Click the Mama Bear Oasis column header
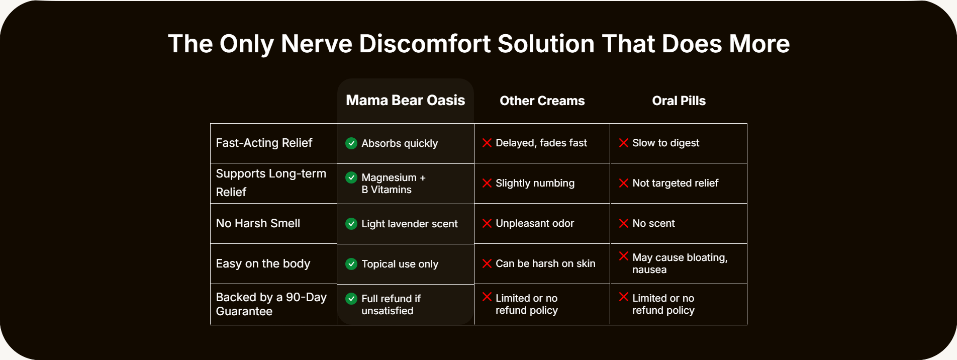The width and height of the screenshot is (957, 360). point(406,100)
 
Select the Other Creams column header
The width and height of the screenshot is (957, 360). point(542,101)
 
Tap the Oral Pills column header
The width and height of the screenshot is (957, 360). point(679,101)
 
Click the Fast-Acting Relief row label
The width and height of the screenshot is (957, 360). point(264,143)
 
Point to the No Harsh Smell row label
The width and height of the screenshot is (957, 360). point(258,223)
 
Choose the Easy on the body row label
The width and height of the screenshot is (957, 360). point(263,263)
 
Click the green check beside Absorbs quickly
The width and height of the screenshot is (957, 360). point(351,143)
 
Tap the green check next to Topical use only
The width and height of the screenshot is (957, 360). point(351,264)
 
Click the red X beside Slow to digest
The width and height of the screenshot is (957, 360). point(624,143)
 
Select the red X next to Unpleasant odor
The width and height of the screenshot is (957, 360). point(487,223)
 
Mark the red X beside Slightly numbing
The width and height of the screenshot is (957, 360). point(487,183)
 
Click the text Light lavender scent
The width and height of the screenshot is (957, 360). point(410,224)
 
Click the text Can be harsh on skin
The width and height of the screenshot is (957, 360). point(545,263)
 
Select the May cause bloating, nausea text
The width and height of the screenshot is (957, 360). point(680,263)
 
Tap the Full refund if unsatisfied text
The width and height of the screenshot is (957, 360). point(391,305)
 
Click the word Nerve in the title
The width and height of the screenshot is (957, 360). point(317,44)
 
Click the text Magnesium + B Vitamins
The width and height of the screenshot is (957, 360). point(394,184)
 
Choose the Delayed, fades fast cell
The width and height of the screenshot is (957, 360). point(541,143)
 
